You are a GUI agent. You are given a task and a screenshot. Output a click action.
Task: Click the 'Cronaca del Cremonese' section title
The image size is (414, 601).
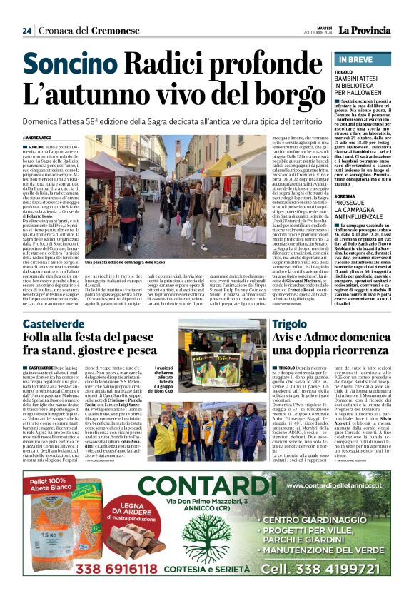80,31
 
